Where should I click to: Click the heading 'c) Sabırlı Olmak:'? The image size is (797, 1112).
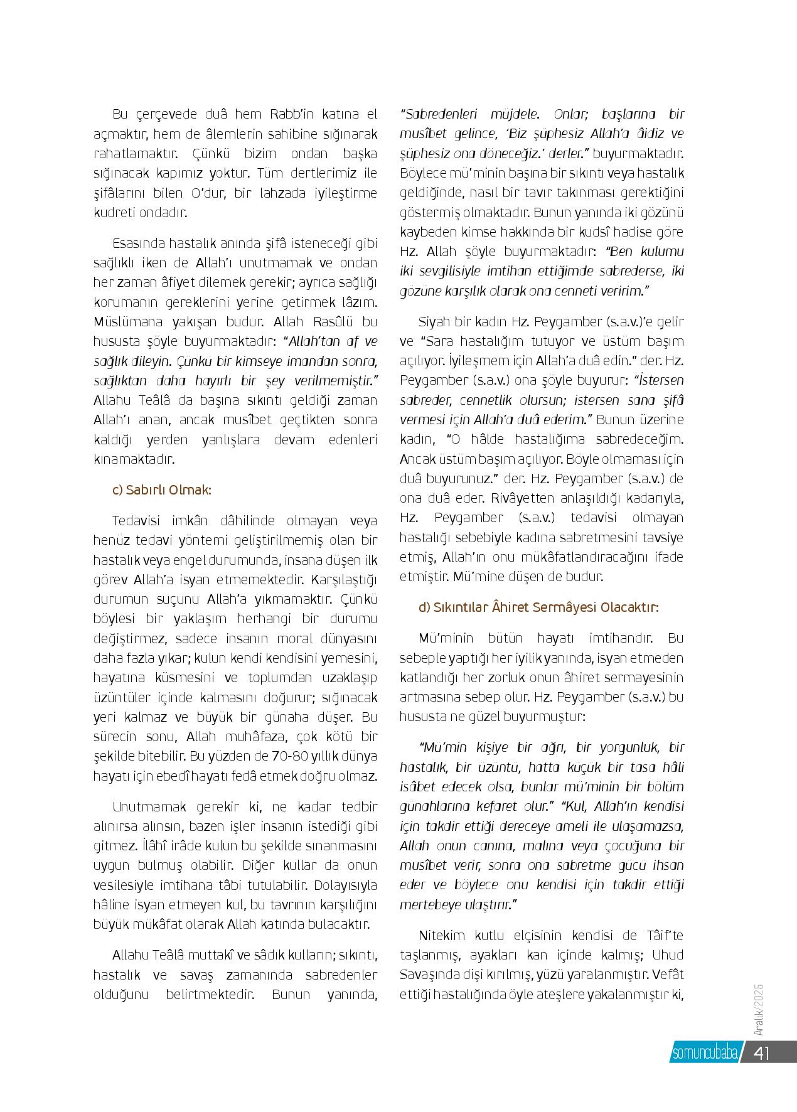[x=161, y=490]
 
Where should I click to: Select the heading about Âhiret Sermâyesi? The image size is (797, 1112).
[x=538, y=607]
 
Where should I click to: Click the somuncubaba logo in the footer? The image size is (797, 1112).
[x=704, y=1053]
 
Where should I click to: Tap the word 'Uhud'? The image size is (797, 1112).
[x=668, y=955]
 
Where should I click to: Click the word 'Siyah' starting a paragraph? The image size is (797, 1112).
[x=433, y=322]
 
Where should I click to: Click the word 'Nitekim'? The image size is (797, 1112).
[x=442, y=936]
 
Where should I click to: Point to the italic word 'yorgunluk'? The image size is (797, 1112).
[x=629, y=747]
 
